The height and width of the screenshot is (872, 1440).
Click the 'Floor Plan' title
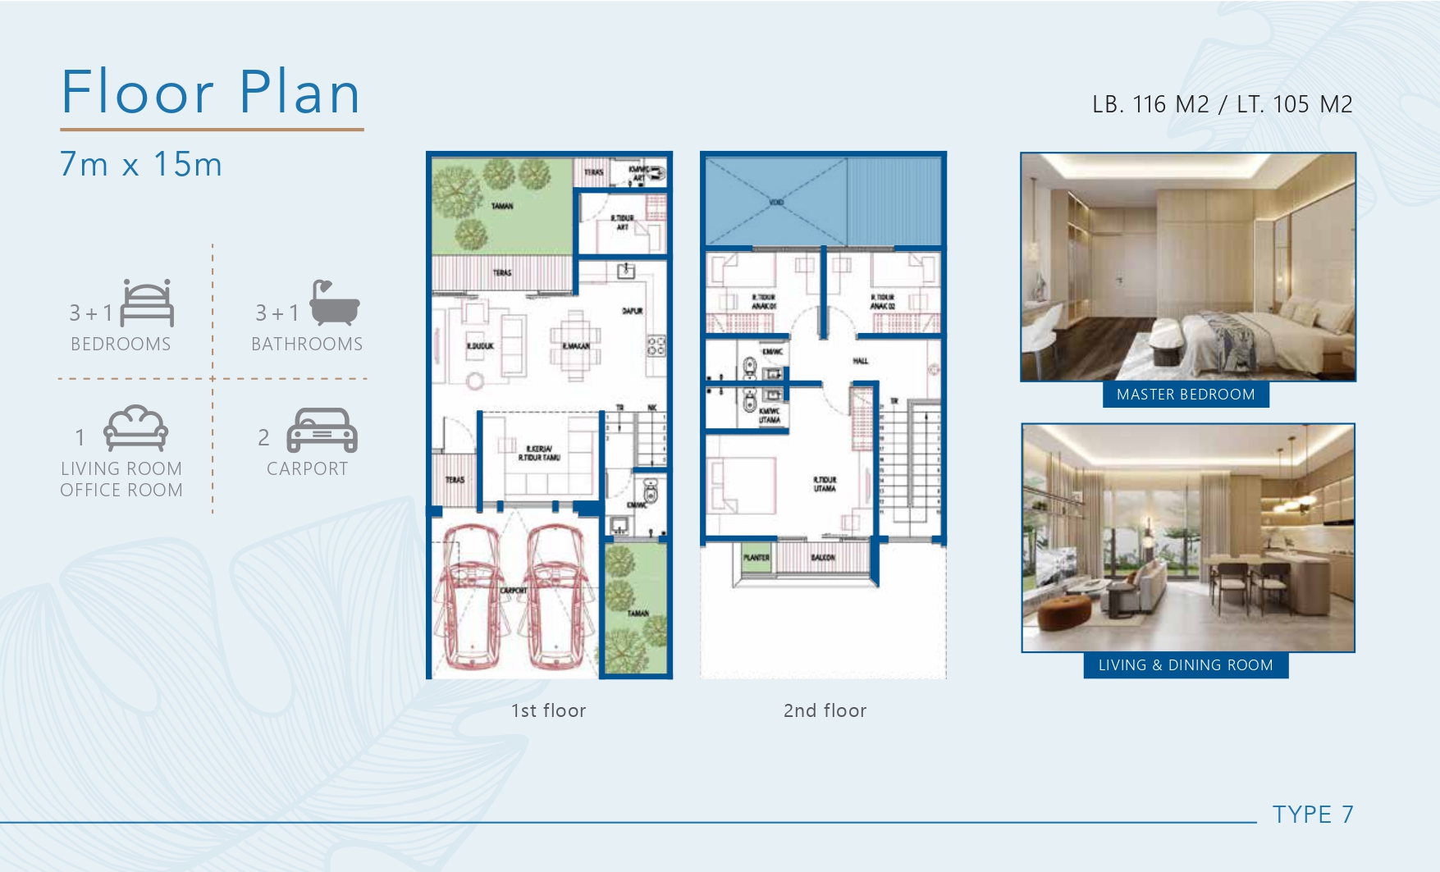point(211,92)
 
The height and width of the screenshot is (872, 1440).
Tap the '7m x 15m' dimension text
point(141,164)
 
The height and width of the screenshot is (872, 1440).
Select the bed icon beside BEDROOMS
point(148,304)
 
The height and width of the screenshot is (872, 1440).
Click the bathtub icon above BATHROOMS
point(334,303)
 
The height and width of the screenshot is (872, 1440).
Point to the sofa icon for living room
point(136,428)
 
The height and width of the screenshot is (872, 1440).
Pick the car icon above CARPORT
point(322,430)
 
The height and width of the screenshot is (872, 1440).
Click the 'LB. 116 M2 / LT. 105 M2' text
point(1222,104)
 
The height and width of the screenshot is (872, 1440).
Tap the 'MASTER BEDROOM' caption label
point(1186,395)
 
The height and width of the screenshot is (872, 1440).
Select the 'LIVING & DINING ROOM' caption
point(1186,665)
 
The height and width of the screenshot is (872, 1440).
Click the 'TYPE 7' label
point(1313,815)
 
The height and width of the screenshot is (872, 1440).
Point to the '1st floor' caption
point(548,710)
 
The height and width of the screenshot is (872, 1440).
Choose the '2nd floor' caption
point(825,710)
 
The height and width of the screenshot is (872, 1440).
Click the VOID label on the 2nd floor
point(776,202)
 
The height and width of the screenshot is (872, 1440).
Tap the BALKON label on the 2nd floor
point(822,558)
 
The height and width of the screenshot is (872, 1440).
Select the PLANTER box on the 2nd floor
point(757,558)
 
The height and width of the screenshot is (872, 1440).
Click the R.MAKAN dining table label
point(575,346)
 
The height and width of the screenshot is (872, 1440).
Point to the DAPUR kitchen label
point(632,311)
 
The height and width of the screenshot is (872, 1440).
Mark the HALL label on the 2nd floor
point(860,361)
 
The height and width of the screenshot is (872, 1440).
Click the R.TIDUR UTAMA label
point(825,484)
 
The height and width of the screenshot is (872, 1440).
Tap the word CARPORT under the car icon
point(308,468)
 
